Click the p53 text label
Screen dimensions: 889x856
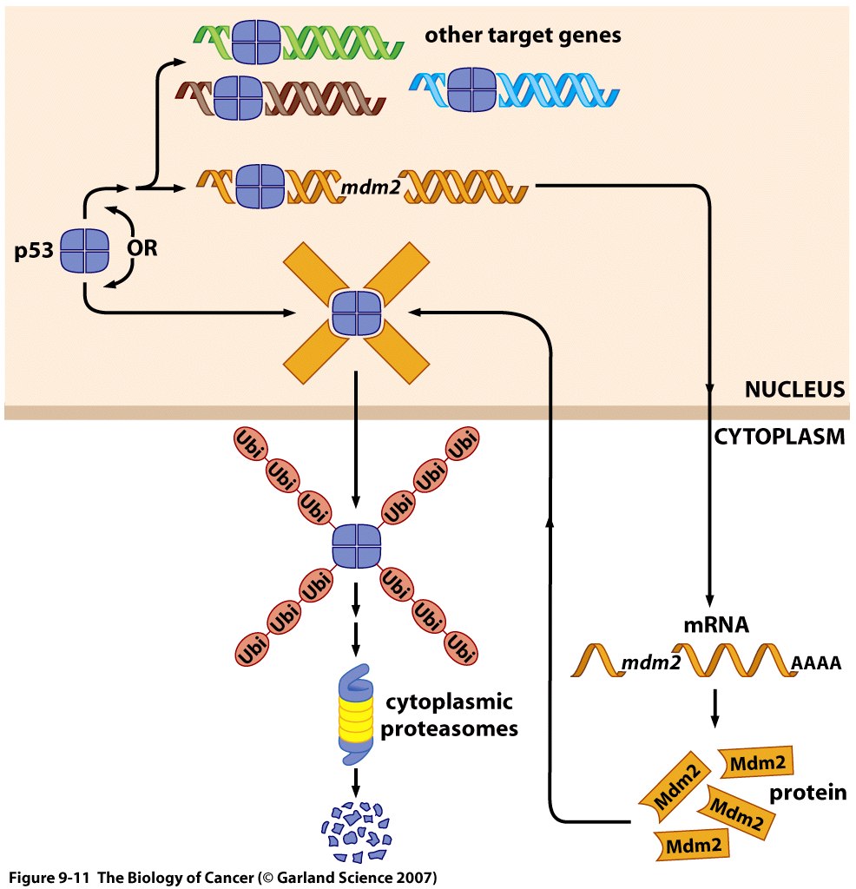tap(34, 254)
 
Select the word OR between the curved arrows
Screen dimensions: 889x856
tap(143, 247)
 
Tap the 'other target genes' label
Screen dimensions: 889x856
tap(523, 36)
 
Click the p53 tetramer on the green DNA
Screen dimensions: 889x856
tap(258, 40)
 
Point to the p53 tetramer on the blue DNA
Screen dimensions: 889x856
tap(473, 89)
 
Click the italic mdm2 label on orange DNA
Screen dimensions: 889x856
tap(370, 186)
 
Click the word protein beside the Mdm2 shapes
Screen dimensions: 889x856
tap(807, 794)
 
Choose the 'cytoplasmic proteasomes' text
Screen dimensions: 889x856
tap(449, 714)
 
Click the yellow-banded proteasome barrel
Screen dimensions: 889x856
tap(354, 714)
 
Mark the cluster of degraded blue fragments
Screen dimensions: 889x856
tap(356, 827)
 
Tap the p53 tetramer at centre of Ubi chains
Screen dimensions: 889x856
tap(356, 546)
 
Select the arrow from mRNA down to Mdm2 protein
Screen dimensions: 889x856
tap(714, 708)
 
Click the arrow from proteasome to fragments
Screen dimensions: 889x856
tap(356, 780)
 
